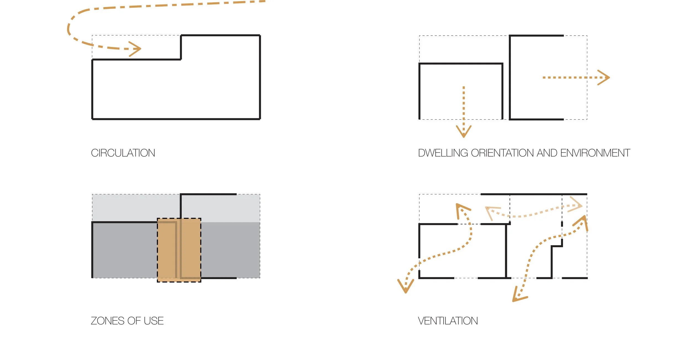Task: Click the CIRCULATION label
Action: coord(123,153)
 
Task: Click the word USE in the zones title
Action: coord(153,321)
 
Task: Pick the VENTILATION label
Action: coord(448,321)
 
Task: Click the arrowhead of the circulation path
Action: coord(137,49)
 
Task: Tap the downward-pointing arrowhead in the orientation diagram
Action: coord(464,133)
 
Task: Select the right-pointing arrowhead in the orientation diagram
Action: coord(606,78)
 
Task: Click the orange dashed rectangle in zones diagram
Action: coord(179,250)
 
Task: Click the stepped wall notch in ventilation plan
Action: coord(557,246)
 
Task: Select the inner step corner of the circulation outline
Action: coord(181,59)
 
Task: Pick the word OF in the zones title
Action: coord(134,321)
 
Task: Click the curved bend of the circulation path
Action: coord(69,28)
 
